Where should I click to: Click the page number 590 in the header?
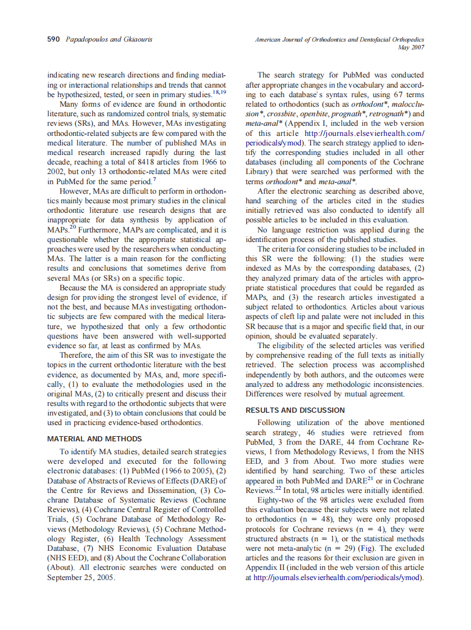54,39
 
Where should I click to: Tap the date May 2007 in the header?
410,47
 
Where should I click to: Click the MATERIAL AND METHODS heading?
94,439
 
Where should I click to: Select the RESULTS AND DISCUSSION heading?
295,410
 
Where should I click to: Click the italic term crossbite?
281,113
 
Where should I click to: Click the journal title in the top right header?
339,39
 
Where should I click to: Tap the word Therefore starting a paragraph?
78,355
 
